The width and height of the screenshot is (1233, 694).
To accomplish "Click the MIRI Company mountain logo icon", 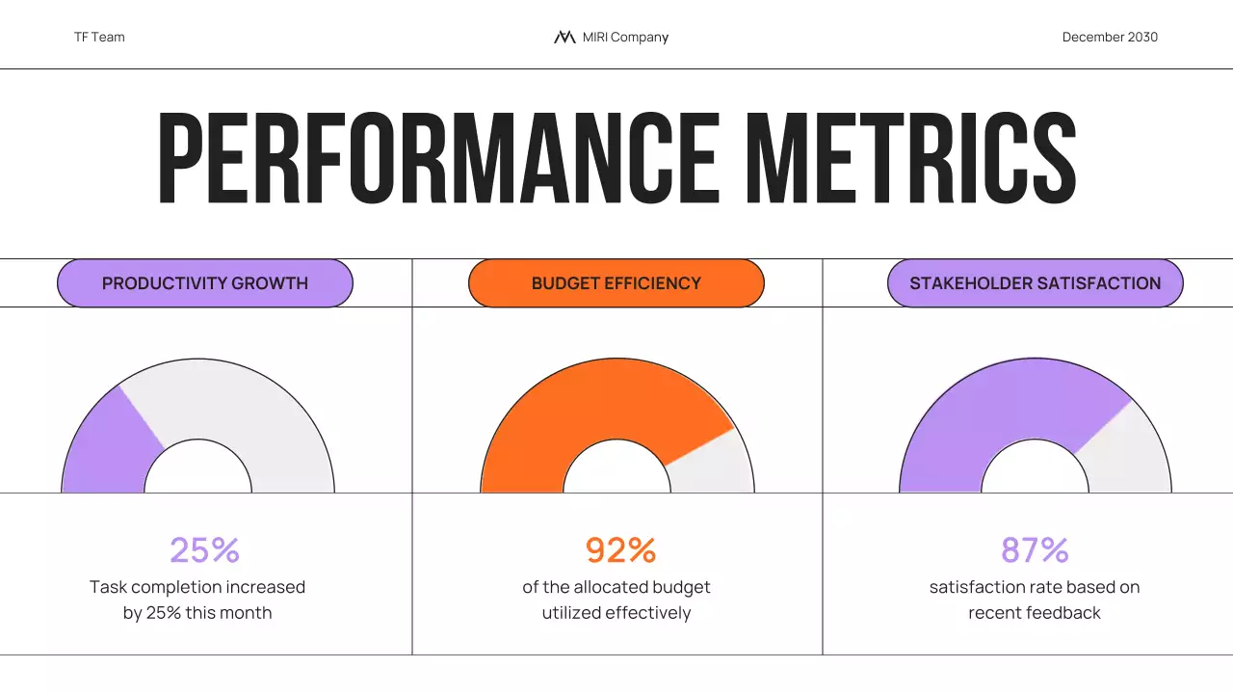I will click(564, 38).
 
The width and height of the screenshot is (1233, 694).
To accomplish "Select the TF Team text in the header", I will click(99, 38).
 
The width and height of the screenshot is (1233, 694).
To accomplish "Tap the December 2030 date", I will click(1110, 38).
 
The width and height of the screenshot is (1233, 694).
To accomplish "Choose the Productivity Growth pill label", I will click(205, 283).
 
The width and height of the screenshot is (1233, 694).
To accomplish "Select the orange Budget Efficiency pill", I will click(616, 283).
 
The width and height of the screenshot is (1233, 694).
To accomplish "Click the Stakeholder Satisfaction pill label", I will click(1035, 283).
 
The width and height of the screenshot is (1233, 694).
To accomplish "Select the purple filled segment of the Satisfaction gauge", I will click(992, 405).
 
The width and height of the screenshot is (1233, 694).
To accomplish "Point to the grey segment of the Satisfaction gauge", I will click(1127, 453).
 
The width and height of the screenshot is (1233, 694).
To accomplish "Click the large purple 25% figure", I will click(204, 550).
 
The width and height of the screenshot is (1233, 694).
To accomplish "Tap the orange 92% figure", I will click(620, 550).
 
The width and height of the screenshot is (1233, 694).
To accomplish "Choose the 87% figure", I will click(1035, 550).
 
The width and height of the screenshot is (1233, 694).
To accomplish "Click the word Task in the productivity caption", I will click(108, 587).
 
